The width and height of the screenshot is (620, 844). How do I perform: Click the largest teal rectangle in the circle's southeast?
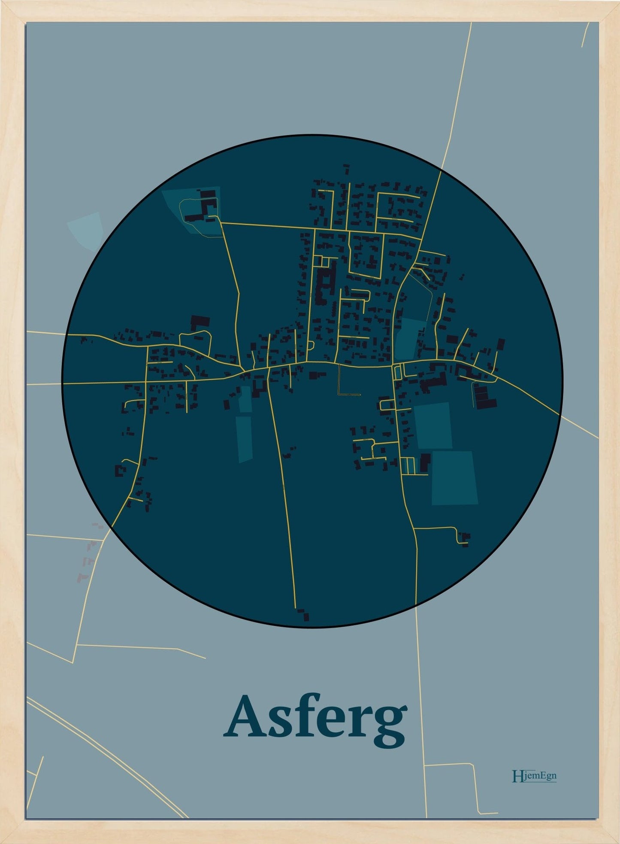(455, 477)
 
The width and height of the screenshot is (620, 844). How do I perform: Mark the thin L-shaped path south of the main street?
(345, 384)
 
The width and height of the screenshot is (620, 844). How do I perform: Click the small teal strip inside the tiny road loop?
(397, 371)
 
